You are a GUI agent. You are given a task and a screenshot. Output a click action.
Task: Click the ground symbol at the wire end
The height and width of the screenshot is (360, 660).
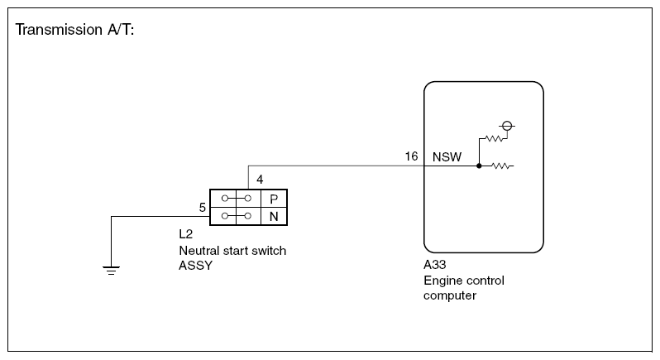pyautogui.click(x=111, y=271)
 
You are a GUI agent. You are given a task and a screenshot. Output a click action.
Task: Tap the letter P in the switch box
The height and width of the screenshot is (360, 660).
pyautogui.click(x=274, y=199)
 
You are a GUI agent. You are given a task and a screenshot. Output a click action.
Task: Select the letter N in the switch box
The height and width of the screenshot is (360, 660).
pyautogui.click(x=274, y=217)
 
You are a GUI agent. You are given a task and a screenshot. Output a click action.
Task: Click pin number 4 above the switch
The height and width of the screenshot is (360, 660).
pyautogui.click(x=260, y=180)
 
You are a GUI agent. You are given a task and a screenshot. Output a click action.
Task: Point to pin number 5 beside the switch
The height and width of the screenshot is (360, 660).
pyautogui.click(x=203, y=208)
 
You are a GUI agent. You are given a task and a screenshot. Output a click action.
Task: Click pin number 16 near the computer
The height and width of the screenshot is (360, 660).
pyautogui.click(x=411, y=156)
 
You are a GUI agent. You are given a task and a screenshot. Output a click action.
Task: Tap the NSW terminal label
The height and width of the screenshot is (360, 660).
pyautogui.click(x=447, y=157)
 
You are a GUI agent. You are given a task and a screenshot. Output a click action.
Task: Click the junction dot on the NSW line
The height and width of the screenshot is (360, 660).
pyautogui.click(x=479, y=166)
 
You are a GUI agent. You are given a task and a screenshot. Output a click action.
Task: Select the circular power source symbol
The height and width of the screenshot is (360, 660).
pyautogui.click(x=507, y=126)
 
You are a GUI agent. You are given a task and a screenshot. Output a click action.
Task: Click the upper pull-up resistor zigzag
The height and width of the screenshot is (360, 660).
pyautogui.click(x=494, y=138)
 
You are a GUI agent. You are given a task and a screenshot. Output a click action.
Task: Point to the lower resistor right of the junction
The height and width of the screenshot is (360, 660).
pyautogui.click(x=501, y=166)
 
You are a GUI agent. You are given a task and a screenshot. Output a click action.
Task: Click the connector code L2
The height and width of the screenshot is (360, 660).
pyautogui.click(x=185, y=233)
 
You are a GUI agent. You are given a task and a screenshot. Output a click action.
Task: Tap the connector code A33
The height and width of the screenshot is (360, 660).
pyautogui.click(x=435, y=265)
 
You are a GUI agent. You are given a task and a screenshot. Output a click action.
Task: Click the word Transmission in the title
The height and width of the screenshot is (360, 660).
pyautogui.click(x=59, y=30)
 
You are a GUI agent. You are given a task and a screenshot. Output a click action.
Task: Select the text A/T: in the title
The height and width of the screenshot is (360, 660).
pyautogui.click(x=121, y=30)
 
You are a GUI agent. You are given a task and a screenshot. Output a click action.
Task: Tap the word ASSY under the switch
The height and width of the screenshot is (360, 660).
pyautogui.click(x=196, y=266)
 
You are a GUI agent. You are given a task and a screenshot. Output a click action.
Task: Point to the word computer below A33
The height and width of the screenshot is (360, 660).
pyautogui.click(x=450, y=295)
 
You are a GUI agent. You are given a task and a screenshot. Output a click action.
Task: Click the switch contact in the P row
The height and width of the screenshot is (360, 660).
pyautogui.click(x=237, y=199)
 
